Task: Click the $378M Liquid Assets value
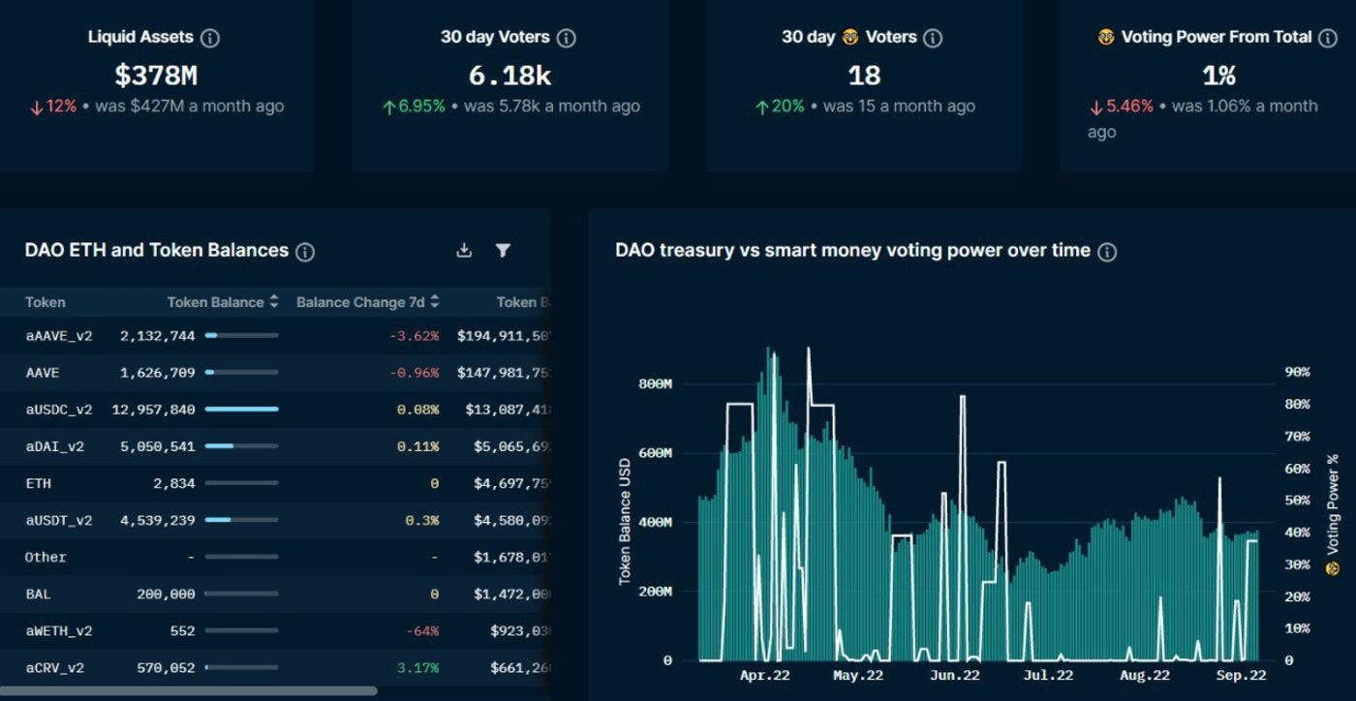click(156, 75)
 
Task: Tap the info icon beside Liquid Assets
click(210, 38)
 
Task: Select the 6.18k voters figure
click(509, 75)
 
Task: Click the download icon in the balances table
click(464, 251)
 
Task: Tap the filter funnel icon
click(503, 251)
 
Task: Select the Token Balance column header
click(215, 302)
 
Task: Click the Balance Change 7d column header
click(360, 302)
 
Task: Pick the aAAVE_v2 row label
click(59, 336)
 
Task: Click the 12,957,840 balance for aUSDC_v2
click(153, 410)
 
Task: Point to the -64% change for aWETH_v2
click(422, 631)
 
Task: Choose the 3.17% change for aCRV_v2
click(418, 668)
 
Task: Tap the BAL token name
click(39, 594)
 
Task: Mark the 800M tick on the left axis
click(655, 384)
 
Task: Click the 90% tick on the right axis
click(1297, 373)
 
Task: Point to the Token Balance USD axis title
click(625, 521)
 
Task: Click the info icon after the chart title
click(1107, 252)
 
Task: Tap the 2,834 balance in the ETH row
click(173, 483)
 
